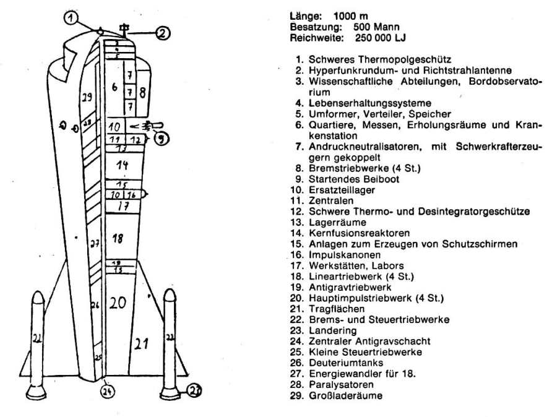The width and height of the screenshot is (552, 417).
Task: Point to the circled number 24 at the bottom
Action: (106, 392)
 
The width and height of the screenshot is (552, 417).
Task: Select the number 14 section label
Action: (122, 165)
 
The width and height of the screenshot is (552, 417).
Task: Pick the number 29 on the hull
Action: (87, 98)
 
